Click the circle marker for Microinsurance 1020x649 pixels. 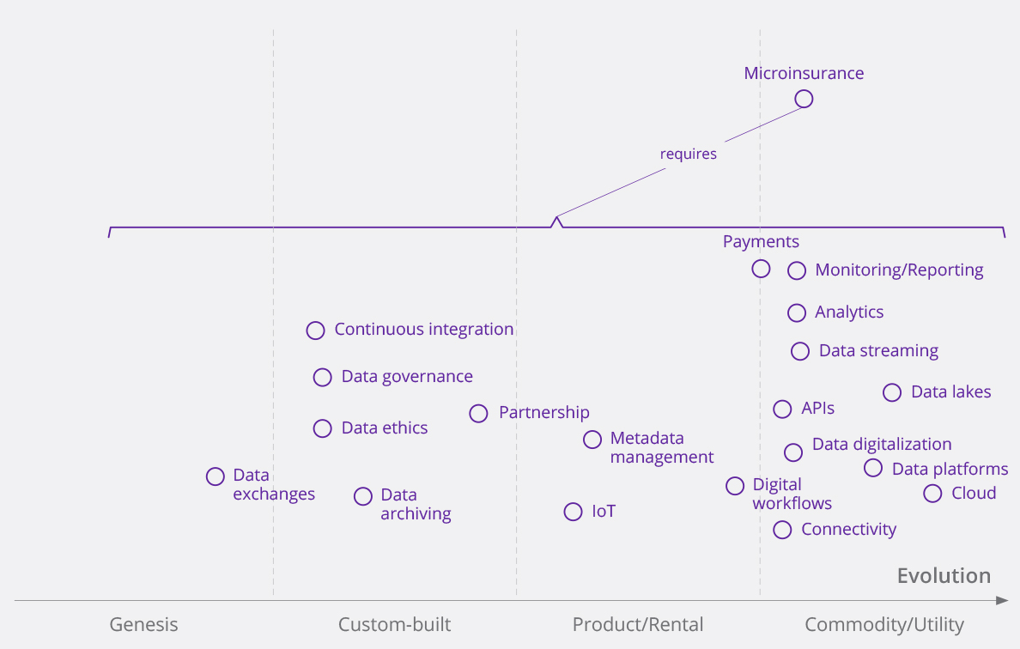coord(804,99)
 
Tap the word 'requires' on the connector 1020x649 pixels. coord(688,155)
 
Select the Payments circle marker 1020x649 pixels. coord(761,269)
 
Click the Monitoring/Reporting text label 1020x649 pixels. coord(899,270)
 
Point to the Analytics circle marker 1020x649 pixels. coord(797,312)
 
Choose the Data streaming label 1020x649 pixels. coord(878,351)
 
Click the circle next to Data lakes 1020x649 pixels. coord(892,392)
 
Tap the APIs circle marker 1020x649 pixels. coord(782,409)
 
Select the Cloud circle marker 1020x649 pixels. coord(932,494)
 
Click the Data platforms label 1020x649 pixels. coord(950,470)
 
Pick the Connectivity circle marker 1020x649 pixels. coord(782,530)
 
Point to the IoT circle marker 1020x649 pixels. coord(573,512)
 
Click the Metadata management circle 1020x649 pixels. coord(592,440)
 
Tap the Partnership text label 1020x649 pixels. coord(544,413)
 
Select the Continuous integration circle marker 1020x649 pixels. coord(316,331)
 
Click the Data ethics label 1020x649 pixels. coord(384,428)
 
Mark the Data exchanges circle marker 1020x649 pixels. coord(216,476)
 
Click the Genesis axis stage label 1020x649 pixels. coord(143,625)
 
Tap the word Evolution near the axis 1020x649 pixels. coord(944,576)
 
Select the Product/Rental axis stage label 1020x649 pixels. coord(638,625)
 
